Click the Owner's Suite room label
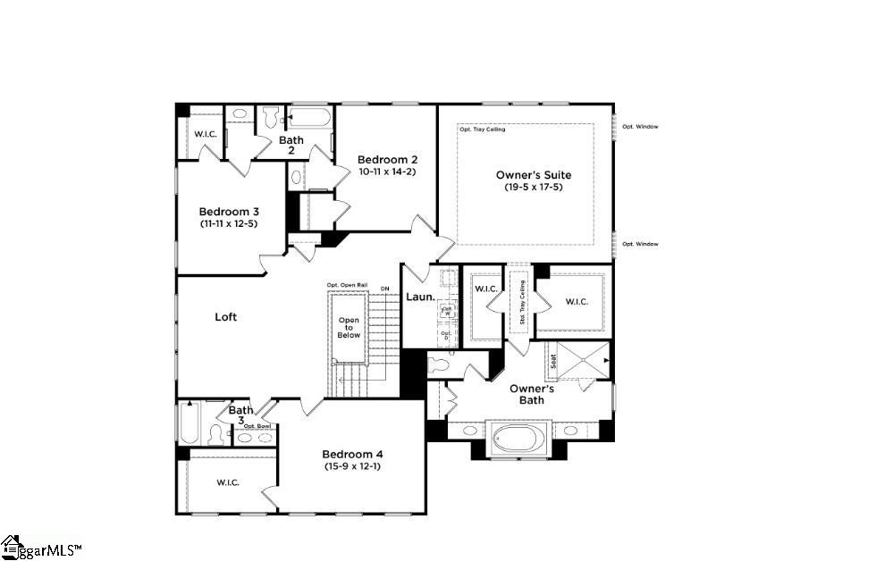pyautogui.click(x=533, y=175)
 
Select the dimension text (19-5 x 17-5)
pyautogui.click(x=533, y=188)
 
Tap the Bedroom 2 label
pyautogui.click(x=387, y=159)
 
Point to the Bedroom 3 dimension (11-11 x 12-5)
pyautogui.click(x=229, y=224)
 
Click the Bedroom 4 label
pyautogui.click(x=351, y=453)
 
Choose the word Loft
pyautogui.click(x=225, y=317)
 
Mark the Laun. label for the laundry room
pyautogui.click(x=420, y=297)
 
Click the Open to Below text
pyautogui.click(x=349, y=328)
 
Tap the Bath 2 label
pyautogui.click(x=291, y=145)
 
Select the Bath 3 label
pyautogui.click(x=240, y=415)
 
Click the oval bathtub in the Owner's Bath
pyautogui.click(x=513, y=438)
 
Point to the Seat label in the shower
pyautogui.click(x=553, y=361)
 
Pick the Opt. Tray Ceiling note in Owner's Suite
pyautogui.click(x=482, y=130)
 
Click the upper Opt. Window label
pyautogui.click(x=640, y=127)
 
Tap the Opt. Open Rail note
pyautogui.click(x=347, y=285)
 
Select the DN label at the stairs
pyautogui.click(x=384, y=289)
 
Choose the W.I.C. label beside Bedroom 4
pyautogui.click(x=227, y=482)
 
